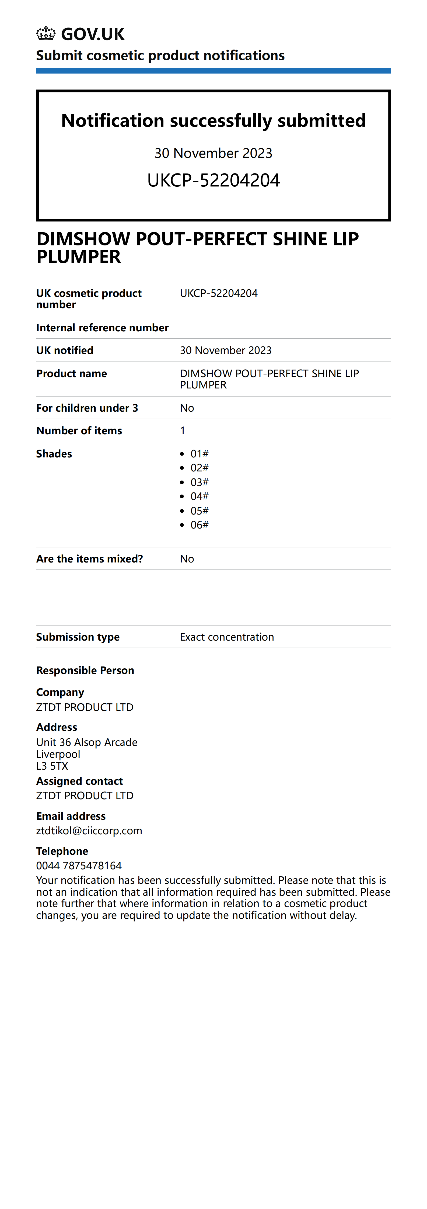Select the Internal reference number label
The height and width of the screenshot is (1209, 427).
pos(102,328)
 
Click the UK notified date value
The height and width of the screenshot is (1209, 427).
pos(225,350)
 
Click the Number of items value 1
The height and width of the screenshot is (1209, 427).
pos(183,431)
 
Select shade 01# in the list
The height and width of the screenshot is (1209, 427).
pos(199,454)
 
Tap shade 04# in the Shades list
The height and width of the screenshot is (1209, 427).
pos(199,496)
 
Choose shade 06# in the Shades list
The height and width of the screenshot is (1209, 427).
pos(199,525)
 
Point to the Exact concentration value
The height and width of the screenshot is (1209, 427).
pos(227,637)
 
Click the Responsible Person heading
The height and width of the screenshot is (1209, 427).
pos(85,670)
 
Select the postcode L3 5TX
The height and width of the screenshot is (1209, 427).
pos(52,766)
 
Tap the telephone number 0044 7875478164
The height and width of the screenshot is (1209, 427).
pos(79,866)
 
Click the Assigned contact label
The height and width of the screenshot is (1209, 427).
pos(79,781)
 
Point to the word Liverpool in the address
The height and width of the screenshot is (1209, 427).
pos(58,754)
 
